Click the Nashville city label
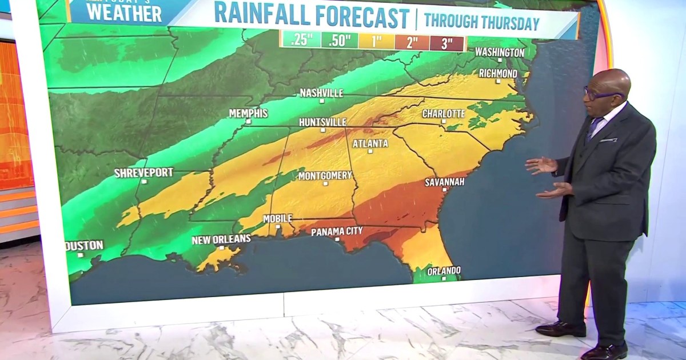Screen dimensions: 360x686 pyautogui.click(x=321, y=93)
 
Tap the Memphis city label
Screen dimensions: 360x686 pyautogui.click(x=248, y=113)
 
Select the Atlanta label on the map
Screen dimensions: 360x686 pyautogui.click(x=370, y=143)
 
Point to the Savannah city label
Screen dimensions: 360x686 pyautogui.click(x=444, y=182)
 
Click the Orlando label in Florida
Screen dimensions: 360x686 pyautogui.click(x=444, y=270)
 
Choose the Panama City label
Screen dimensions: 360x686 pyautogui.click(x=338, y=231)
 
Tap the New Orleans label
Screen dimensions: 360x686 pyautogui.click(x=221, y=239)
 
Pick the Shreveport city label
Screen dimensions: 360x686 pyautogui.click(x=143, y=173)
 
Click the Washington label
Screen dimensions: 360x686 pyautogui.click(x=499, y=52)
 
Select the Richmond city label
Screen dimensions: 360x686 pyautogui.click(x=498, y=74)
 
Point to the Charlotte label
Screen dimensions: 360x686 pyautogui.click(x=444, y=114)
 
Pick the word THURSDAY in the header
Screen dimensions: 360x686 pyautogui.click(x=505, y=23)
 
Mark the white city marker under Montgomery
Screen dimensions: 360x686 pyautogui.click(x=325, y=183)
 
